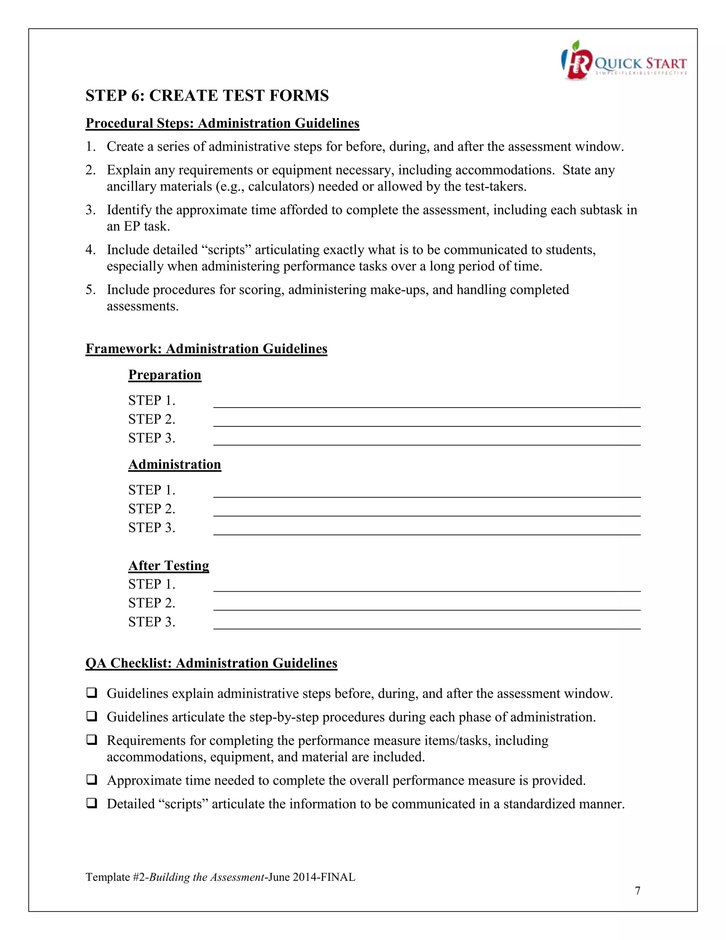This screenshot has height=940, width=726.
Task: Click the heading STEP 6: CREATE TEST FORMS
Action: click(x=207, y=95)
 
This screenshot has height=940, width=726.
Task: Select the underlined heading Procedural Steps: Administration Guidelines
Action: click(x=222, y=123)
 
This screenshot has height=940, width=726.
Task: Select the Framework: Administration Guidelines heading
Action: click(x=206, y=349)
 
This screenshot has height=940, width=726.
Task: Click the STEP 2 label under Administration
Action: click(x=151, y=509)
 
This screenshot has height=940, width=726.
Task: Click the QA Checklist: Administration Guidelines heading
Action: click(x=211, y=663)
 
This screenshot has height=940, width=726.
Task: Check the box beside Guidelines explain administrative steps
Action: click(x=91, y=693)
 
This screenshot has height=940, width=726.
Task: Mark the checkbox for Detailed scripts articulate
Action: click(x=91, y=803)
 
